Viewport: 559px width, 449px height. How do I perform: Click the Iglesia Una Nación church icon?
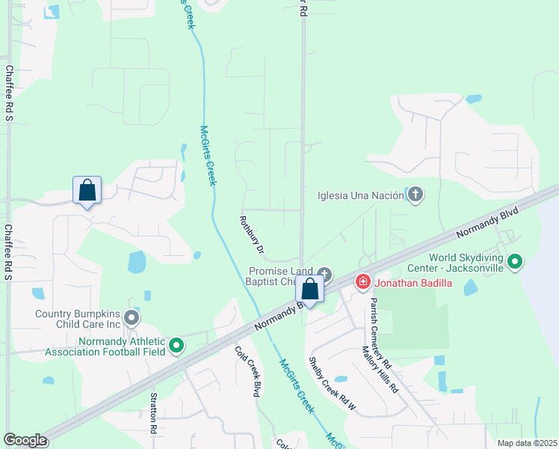(x=416, y=196)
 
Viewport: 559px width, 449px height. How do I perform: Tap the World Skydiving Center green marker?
(x=514, y=262)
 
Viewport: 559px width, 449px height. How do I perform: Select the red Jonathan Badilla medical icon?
(x=362, y=282)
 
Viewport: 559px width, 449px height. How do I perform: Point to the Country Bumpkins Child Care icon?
(x=132, y=319)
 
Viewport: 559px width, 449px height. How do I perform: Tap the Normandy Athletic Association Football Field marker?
(x=176, y=345)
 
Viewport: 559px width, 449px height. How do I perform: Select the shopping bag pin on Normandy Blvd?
(x=310, y=290)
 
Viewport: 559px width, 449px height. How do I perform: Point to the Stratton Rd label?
(x=153, y=414)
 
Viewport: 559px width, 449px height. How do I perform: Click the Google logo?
(x=25, y=440)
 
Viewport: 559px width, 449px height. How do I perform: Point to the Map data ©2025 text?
(x=526, y=443)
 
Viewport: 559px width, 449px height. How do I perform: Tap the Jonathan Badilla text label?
(x=416, y=283)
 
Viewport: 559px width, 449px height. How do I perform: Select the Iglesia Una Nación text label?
(x=359, y=196)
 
